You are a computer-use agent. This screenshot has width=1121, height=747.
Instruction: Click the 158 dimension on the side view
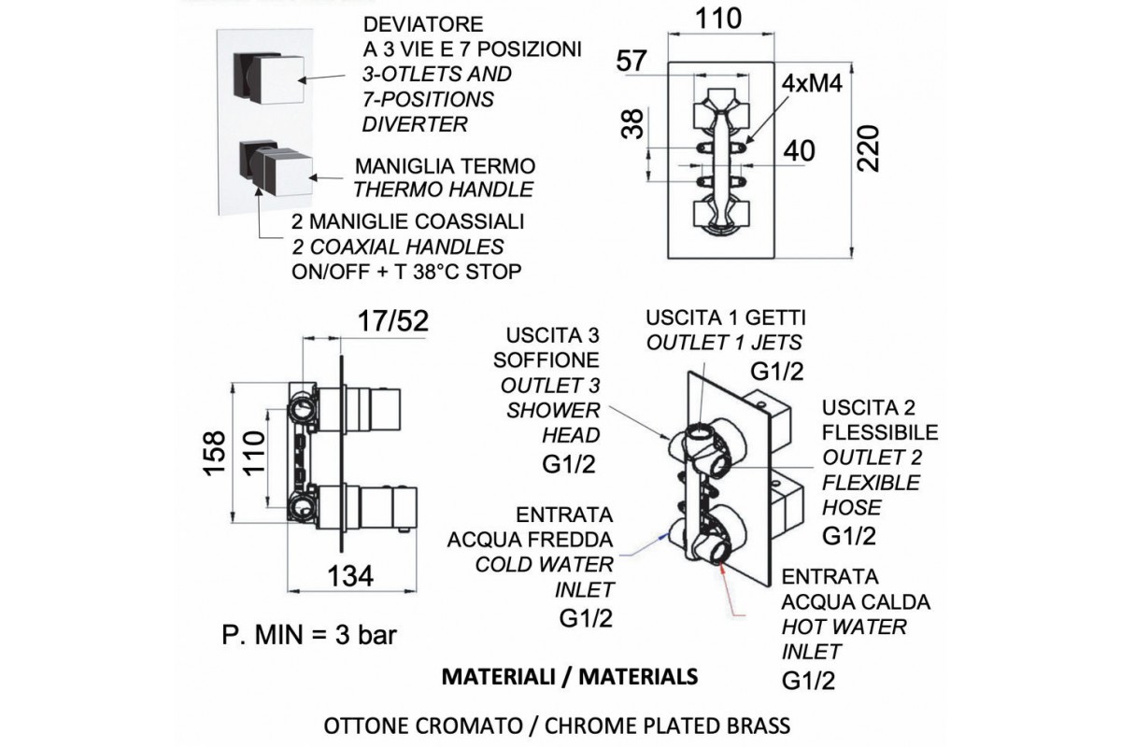[x=214, y=454]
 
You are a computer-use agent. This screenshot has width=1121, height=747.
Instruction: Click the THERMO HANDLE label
[x=443, y=190]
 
